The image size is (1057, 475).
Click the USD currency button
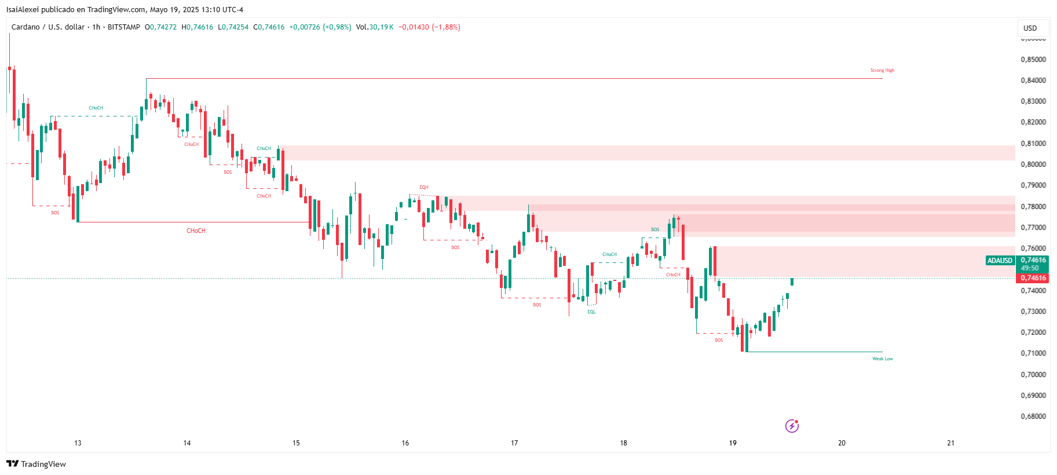[x=1030, y=28]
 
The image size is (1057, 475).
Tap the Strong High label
[x=882, y=70]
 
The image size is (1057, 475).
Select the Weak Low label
[x=883, y=359]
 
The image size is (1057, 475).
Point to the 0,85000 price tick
[x=1033, y=59]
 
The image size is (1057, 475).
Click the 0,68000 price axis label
[x=1033, y=416]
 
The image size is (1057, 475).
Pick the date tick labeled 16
[x=405, y=443]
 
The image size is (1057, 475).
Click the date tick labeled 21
[x=950, y=443]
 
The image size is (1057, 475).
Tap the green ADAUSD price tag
[x=1000, y=261]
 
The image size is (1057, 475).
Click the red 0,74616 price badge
[x=1033, y=278]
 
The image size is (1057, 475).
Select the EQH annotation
[x=424, y=187]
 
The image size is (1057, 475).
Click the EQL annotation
[x=591, y=312]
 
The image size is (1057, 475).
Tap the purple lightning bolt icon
[x=792, y=426]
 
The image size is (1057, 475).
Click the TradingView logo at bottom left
[x=36, y=464]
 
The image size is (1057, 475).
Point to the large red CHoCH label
[x=196, y=231]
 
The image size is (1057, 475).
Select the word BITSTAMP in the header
[x=124, y=27]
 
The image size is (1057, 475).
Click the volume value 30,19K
[x=381, y=27]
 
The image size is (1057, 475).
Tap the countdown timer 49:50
[x=1030, y=268]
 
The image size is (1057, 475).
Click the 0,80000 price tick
[x=1033, y=164]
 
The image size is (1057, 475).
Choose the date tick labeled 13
[x=78, y=443]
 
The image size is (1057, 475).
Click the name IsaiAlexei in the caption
[x=22, y=9]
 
